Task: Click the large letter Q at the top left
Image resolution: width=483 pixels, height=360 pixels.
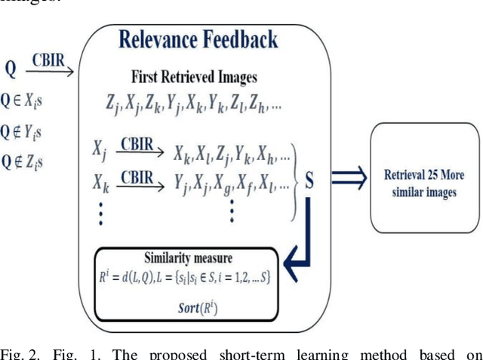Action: tap(11, 69)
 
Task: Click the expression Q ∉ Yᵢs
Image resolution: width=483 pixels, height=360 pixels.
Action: tap(23, 131)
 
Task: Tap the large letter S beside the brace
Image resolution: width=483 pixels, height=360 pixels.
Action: tap(309, 181)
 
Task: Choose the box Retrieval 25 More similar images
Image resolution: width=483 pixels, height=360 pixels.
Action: tap(424, 182)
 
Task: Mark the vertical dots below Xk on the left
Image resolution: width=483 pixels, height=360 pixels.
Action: tap(100, 213)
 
